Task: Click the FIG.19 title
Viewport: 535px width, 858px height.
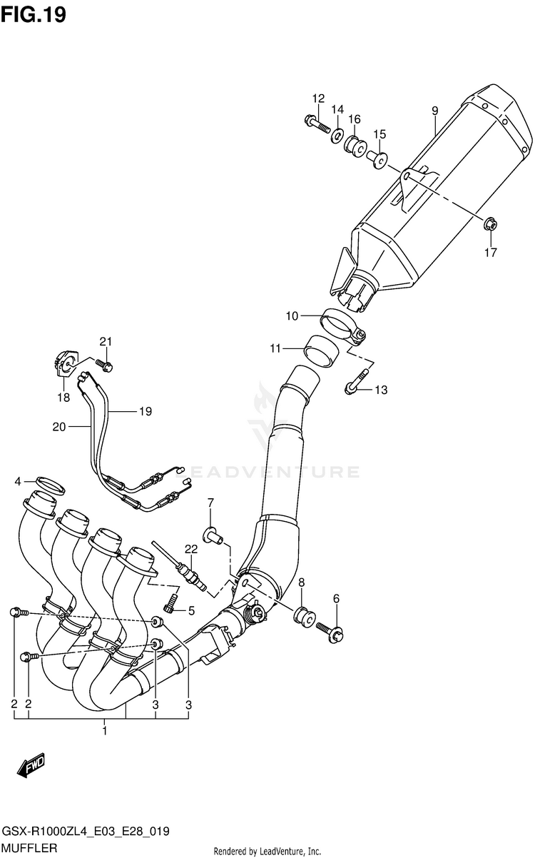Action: coord(34,14)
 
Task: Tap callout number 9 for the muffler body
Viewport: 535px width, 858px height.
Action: coord(434,110)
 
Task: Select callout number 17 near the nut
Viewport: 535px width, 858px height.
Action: coord(491,252)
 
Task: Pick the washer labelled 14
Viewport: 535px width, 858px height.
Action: coord(336,135)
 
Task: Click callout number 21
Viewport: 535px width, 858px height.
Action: coord(106,341)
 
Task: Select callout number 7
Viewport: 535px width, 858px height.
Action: coord(210,505)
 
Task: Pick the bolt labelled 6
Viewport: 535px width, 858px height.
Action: coord(330,630)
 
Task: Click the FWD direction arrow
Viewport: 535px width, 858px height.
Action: coord(32,768)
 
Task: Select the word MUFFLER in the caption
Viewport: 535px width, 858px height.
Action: coord(30,847)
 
